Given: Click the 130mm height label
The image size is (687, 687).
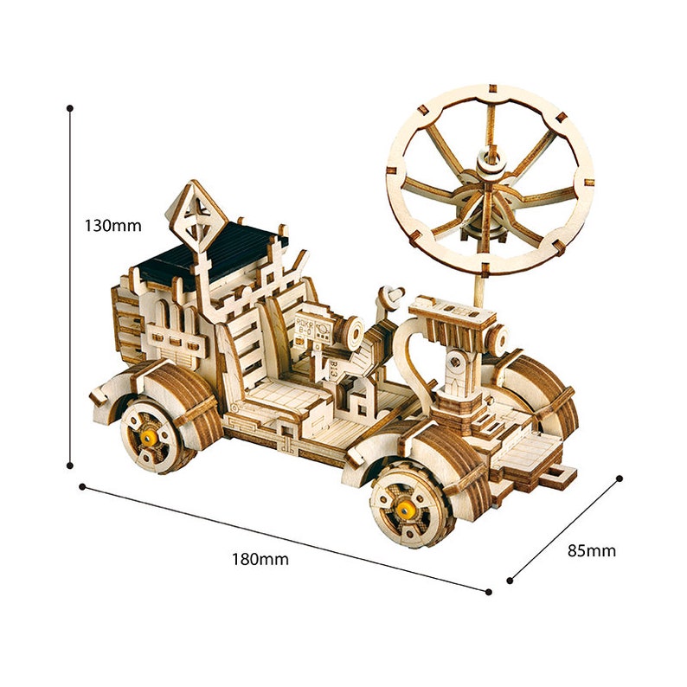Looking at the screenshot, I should point(112,226).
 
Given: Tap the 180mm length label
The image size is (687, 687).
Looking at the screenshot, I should point(260,559).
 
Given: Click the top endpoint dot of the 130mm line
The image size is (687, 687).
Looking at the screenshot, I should point(70,108).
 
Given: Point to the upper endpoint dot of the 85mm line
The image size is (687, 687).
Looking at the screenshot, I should point(620,478).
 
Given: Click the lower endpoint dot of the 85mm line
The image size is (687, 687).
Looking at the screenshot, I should point(510,581).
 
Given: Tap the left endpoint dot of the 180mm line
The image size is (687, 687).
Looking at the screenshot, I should point(82,486).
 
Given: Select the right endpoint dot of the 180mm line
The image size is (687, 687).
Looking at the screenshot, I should point(489,593).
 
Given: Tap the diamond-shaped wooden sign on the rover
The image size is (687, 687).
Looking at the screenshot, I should point(200,212).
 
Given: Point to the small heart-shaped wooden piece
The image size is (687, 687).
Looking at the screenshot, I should point(394,296).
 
